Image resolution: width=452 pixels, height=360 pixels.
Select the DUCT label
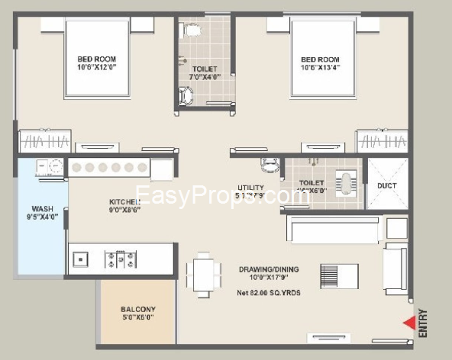point(387,185)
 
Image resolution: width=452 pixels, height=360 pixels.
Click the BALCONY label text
point(138,310)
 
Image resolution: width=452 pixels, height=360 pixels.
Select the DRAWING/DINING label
point(268,269)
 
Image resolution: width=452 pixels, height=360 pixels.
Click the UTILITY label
point(250,187)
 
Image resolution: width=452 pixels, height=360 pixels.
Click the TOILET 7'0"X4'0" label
point(204,72)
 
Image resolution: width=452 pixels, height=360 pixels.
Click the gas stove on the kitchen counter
point(121,259)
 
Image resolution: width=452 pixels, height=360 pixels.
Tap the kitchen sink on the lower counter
point(80,260)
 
